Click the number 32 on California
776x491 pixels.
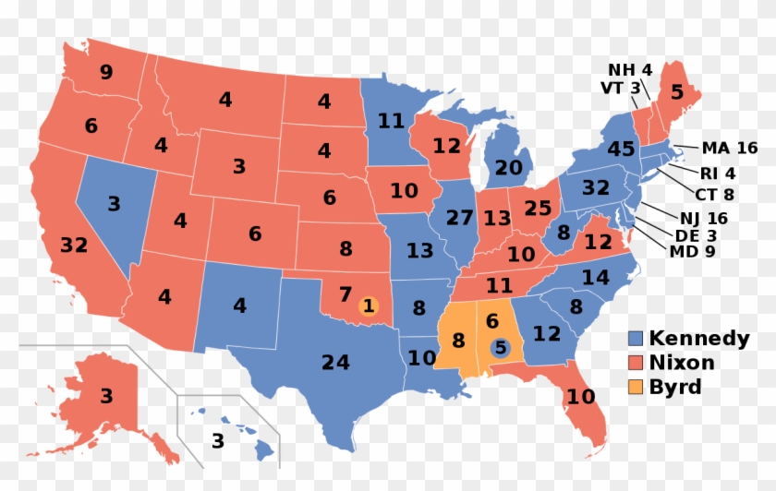pyautogui.click(x=73, y=245)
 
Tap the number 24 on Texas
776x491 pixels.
pyautogui.click(x=335, y=363)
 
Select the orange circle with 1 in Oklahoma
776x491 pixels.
pyautogui.click(x=368, y=305)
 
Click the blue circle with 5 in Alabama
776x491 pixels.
pyautogui.click(x=500, y=348)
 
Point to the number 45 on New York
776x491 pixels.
pyautogui.click(x=620, y=149)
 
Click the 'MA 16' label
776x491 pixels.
pyautogui.click(x=729, y=148)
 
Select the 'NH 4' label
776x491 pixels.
pyautogui.click(x=629, y=70)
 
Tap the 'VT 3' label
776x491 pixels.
pyautogui.click(x=620, y=88)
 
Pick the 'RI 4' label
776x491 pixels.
pyautogui.click(x=717, y=172)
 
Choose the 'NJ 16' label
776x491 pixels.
pyautogui.click(x=703, y=219)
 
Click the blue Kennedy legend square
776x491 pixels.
pyautogui.click(x=636, y=339)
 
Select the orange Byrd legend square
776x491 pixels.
pyautogui.click(x=636, y=387)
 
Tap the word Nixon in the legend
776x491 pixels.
pyautogui.click(x=683, y=363)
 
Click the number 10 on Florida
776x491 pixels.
pyautogui.click(x=582, y=399)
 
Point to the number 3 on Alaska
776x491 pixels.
pyautogui.click(x=106, y=397)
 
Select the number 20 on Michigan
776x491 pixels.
pyautogui.click(x=508, y=168)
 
